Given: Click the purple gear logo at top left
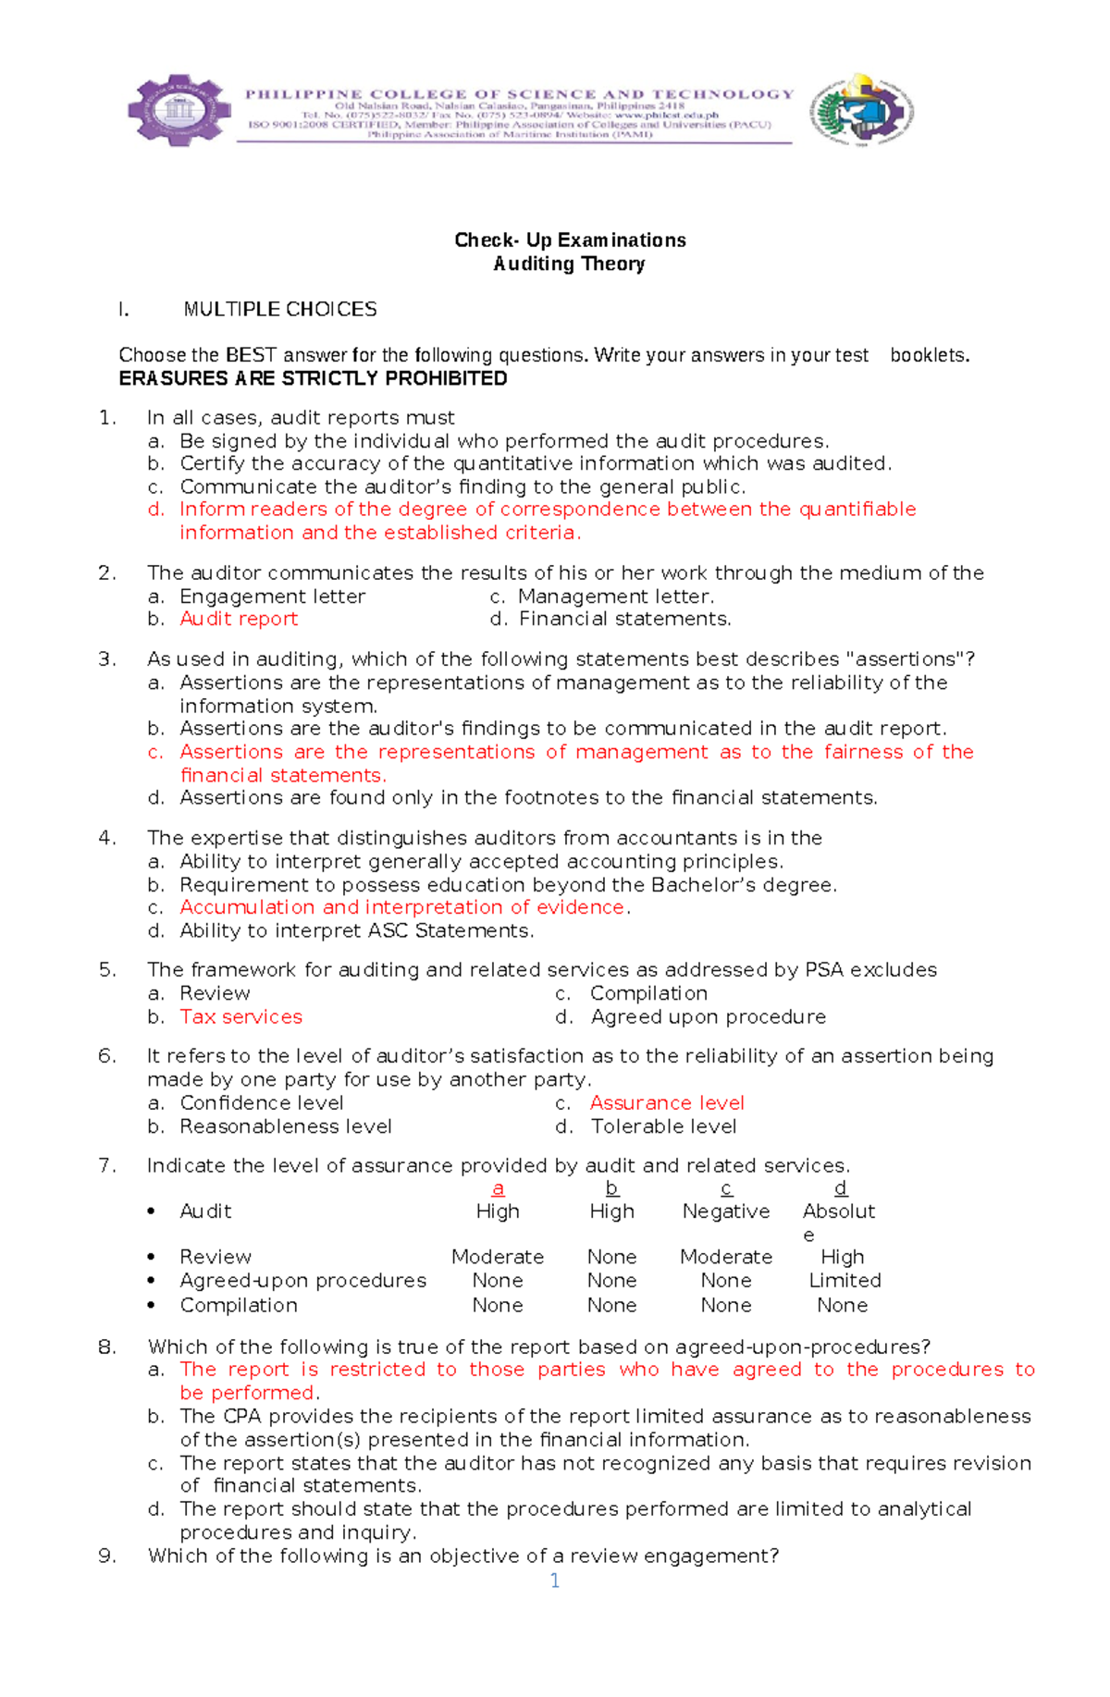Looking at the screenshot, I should (x=179, y=110).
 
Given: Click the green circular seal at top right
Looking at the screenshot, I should (x=861, y=111).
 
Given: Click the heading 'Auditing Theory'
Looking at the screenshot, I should (x=569, y=264).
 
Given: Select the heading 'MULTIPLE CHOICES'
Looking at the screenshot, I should (x=279, y=309).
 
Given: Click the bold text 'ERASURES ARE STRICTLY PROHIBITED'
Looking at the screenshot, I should (x=313, y=378).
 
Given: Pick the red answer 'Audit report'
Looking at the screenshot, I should (x=239, y=619).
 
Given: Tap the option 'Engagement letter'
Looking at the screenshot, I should (x=272, y=596).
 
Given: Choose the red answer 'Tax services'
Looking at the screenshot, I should (x=240, y=1016).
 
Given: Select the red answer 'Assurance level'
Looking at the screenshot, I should (x=666, y=1102).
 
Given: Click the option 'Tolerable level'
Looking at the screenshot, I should (x=663, y=1126).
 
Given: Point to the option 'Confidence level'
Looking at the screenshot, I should (x=261, y=1102).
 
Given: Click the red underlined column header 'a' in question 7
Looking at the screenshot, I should (x=498, y=1188).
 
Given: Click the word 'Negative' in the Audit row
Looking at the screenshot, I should (x=725, y=1211).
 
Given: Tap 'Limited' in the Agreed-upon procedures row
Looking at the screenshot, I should (x=845, y=1280).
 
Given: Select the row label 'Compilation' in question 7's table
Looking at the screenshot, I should (x=239, y=1305).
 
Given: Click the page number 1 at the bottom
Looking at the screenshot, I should (x=554, y=1580).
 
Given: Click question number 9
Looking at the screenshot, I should (x=107, y=1556).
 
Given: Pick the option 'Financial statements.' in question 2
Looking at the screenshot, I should (x=624, y=619).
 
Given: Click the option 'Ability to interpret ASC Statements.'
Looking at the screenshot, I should (x=356, y=930).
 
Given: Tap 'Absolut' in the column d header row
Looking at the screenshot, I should (x=838, y=1211).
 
